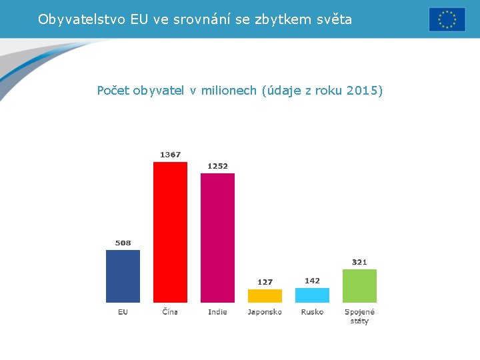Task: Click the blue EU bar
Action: [x=123, y=276]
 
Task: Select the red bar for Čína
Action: [x=170, y=232]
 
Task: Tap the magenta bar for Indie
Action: [x=217, y=238]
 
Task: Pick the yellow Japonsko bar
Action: [x=265, y=296]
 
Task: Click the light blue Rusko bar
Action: [x=312, y=295]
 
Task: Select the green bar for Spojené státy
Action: [x=359, y=286]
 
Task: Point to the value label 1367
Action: [x=170, y=155]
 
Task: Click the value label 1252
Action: [x=217, y=166]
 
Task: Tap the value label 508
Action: [x=123, y=243]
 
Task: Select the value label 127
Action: [x=265, y=282]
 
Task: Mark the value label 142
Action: [x=312, y=281]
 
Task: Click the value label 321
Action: [x=359, y=262]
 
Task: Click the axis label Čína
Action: [x=170, y=312]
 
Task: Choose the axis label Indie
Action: [x=217, y=312]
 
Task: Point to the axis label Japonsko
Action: [x=265, y=312]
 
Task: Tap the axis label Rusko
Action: [x=312, y=312]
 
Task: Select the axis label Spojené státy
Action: [x=359, y=316]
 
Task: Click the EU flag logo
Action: [x=447, y=19]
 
